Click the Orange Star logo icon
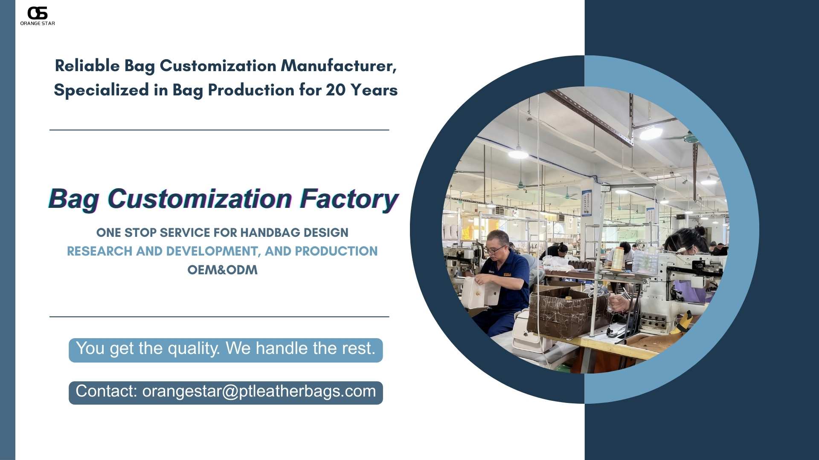coord(38,13)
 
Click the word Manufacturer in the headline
coord(339,66)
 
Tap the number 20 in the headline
coord(335,90)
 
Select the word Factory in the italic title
coord(349,198)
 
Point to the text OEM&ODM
coord(222,270)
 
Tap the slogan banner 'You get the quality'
coord(226,350)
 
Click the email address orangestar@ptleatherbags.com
coord(259,391)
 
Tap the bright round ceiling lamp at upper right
coord(651,134)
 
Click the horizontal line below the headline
coord(219,130)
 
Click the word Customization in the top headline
coord(218,66)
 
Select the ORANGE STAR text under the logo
coord(38,23)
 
